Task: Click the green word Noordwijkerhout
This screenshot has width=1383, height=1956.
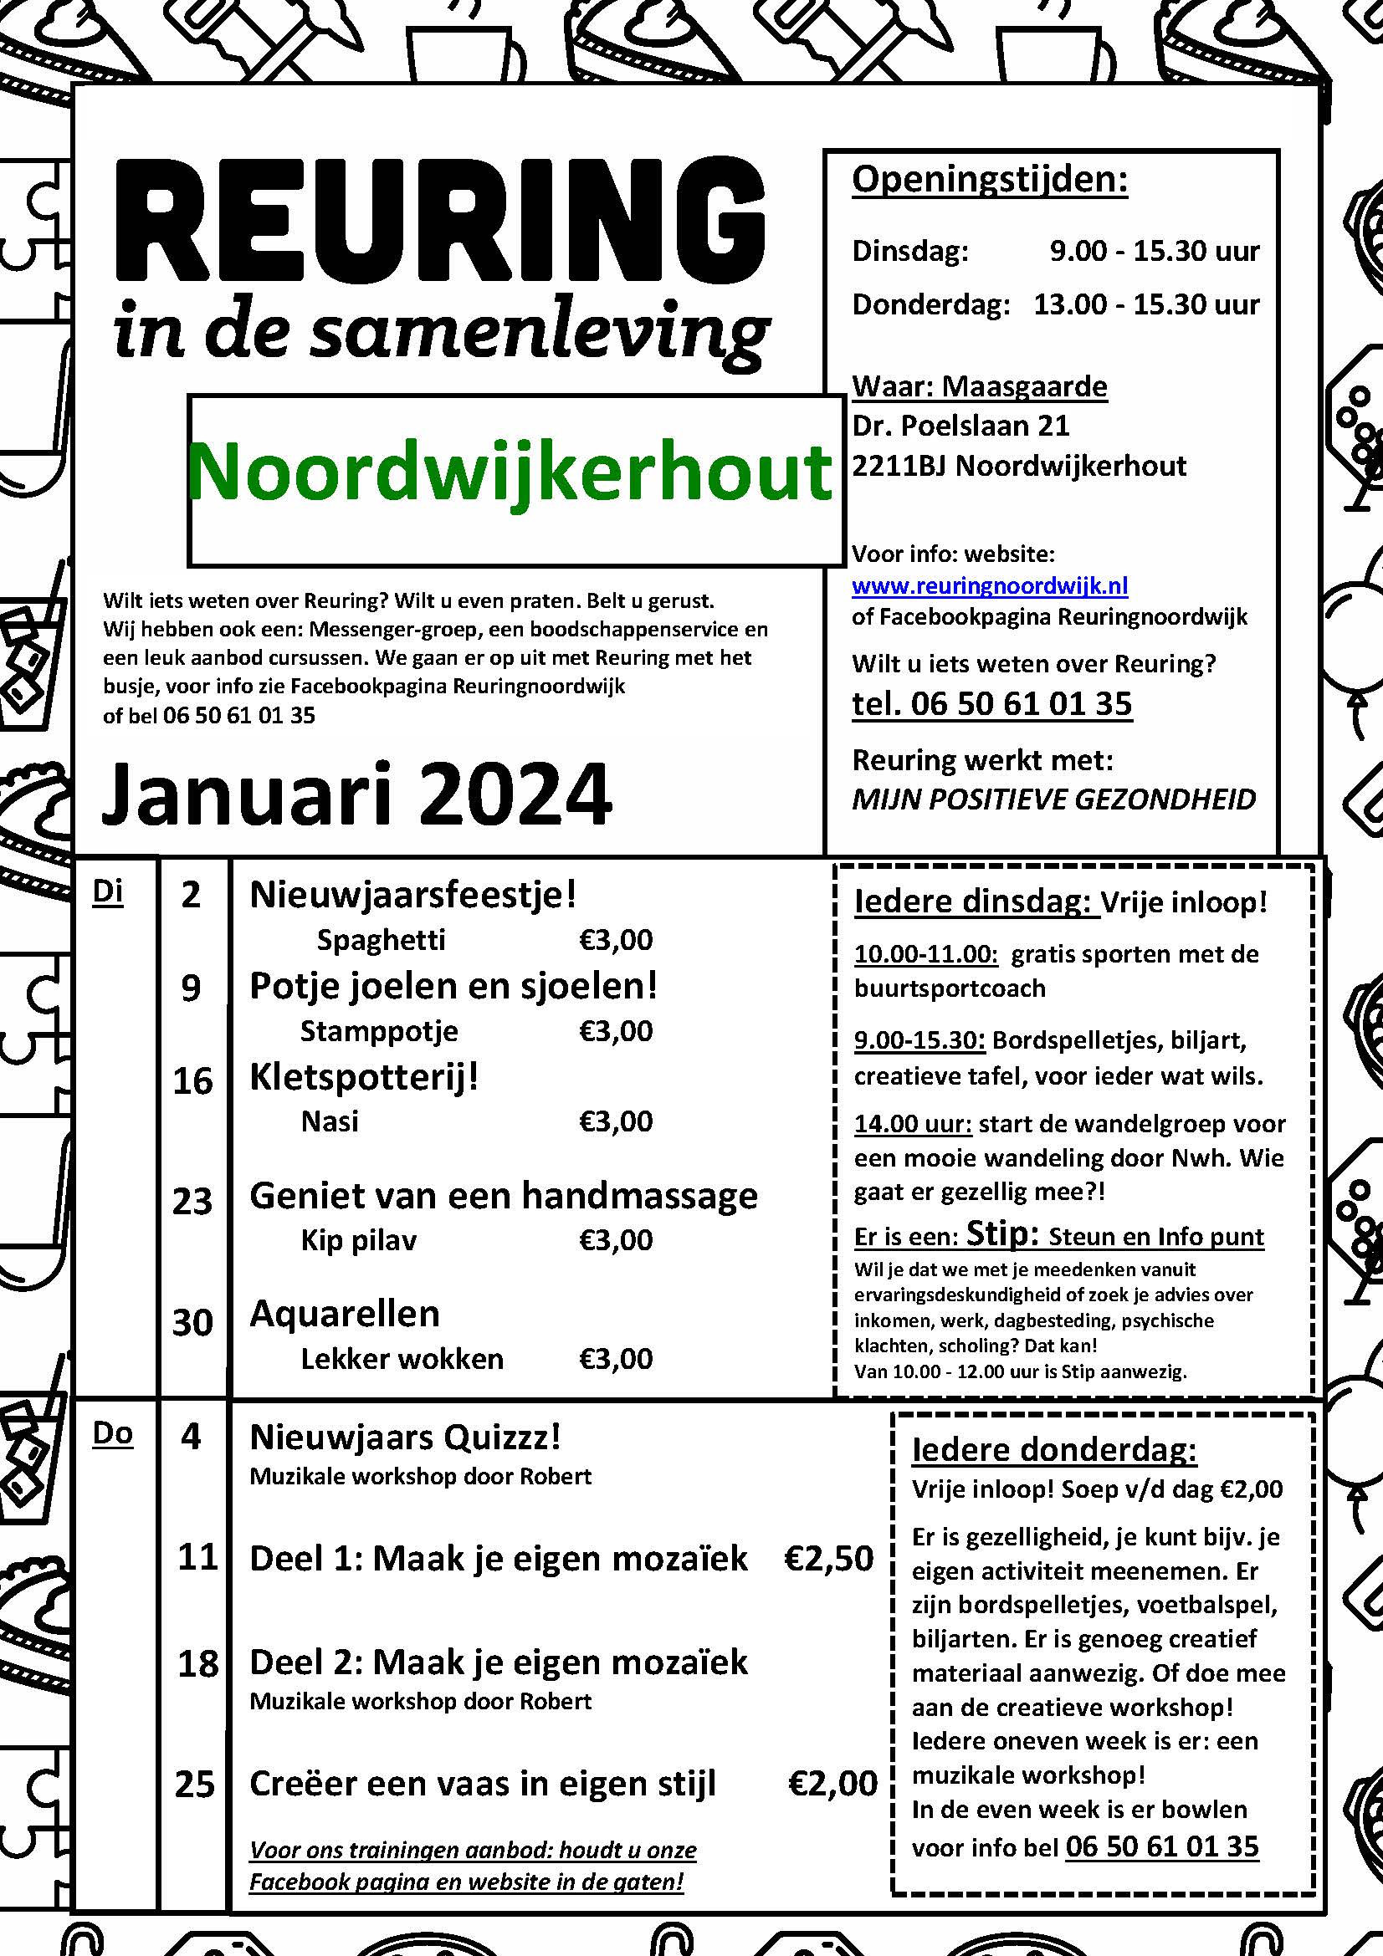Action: [x=510, y=473]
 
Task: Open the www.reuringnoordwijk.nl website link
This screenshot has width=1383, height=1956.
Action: [x=989, y=586]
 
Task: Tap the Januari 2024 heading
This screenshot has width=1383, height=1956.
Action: [x=356, y=793]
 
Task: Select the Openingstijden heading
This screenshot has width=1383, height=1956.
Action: [x=989, y=180]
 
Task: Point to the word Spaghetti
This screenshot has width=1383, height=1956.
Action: [x=381, y=940]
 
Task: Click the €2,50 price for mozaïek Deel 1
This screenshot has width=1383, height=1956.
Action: [x=829, y=1558]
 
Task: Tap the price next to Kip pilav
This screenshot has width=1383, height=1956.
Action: [x=615, y=1239]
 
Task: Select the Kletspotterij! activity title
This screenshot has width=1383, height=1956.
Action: [x=364, y=1077]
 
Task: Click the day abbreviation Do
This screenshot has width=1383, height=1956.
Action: [x=112, y=1434]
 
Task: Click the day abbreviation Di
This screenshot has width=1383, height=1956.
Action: [x=107, y=892]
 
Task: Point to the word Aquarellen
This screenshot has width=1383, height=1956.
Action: [x=344, y=1314]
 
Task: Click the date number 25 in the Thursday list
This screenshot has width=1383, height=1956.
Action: [x=194, y=1784]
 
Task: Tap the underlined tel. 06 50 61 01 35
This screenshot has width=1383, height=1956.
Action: [x=992, y=703]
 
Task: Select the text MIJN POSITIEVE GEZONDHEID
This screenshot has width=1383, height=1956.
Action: [x=1054, y=799]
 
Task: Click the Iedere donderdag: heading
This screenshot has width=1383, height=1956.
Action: [x=1054, y=1449]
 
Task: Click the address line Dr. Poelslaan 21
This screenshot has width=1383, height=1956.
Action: [x=960, y=425]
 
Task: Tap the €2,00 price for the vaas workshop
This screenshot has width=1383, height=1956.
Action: [x=832, y=1783]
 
